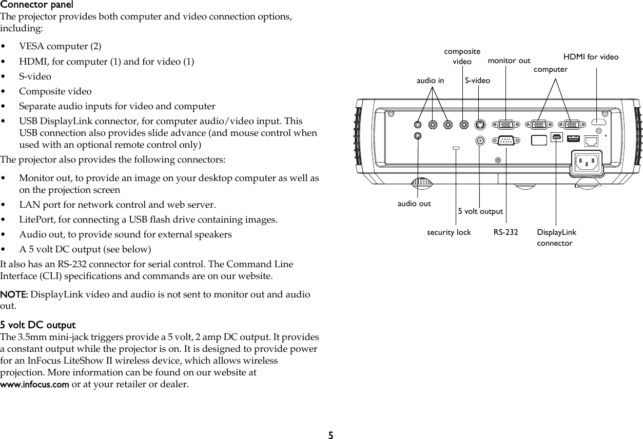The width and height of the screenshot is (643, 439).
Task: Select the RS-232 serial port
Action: (506, 140)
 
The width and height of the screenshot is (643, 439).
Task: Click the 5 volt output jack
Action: (480, 140)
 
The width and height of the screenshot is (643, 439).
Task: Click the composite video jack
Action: (464, 124)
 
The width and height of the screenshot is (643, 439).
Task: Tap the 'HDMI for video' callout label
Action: (591, 57)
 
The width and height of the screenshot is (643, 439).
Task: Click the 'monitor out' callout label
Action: (509, 61)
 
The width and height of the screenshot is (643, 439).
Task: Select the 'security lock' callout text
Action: (449, 232)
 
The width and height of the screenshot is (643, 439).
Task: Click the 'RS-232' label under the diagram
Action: (506, 232)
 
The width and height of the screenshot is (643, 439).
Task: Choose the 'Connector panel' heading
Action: (36, 5)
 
